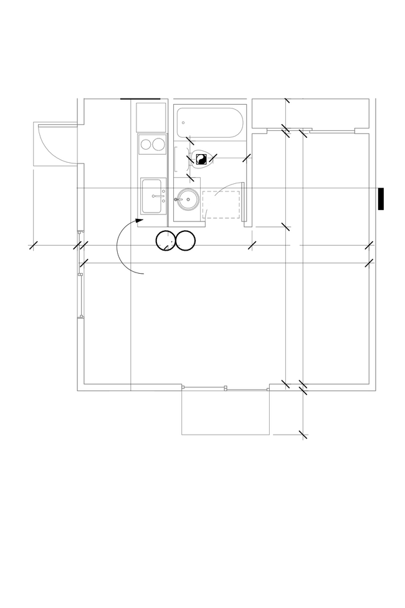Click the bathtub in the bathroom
pyautogui.click(x=209, y=123)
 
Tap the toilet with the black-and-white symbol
pyautogui.click(x=201, y=160)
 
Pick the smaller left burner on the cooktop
pyautogui.click(x=146, y=145)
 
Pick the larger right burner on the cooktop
pyautogui.click(x=159, y=145)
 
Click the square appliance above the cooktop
pyautogui.click(x=151, y=117)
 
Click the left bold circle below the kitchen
pyautogui.click(x=166, y=241)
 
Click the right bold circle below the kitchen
pyautogui.click(x=186, y=241)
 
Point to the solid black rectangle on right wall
pyautogui.click(x=381, y=198)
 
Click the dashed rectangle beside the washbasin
pyautogui.click(x=222, y=205)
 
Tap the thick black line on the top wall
pyautogui.click(x=140, y=99)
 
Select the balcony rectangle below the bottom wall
pyautogui.click(x=226, y=412)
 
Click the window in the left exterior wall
pyautogui.click(x=80, y=296)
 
